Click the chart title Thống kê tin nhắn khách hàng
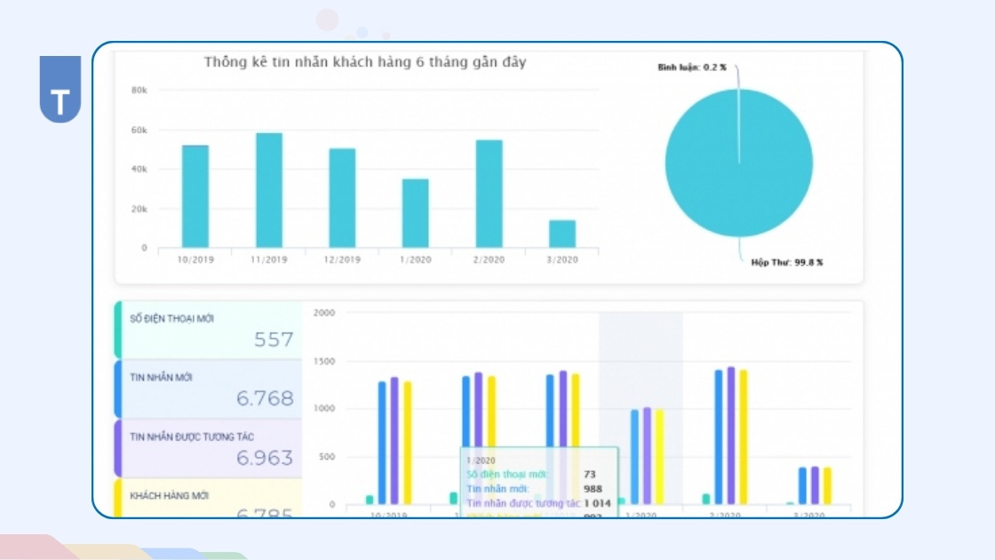364,62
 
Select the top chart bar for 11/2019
269,190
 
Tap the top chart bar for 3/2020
562,234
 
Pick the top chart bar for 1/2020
415,213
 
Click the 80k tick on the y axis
139,90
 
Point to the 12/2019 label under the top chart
342,260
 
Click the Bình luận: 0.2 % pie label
691,68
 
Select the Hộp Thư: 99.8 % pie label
786,262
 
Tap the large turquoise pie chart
739,162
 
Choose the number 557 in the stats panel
273,340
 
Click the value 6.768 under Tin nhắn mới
265,398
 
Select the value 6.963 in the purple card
265,458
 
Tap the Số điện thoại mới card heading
171,318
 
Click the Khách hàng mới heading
170,495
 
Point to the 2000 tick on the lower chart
324,313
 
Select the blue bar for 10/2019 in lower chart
383,443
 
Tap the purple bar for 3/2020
815,485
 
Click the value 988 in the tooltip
593,488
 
